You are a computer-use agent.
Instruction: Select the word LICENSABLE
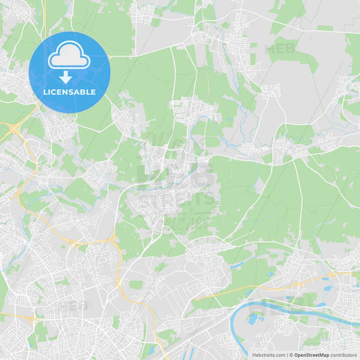tap(69, 91)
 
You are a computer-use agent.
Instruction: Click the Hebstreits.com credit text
tap(266, 355)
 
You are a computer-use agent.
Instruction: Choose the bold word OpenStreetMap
tap(311, 355)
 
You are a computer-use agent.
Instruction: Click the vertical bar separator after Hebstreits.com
tap(287, 355)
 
